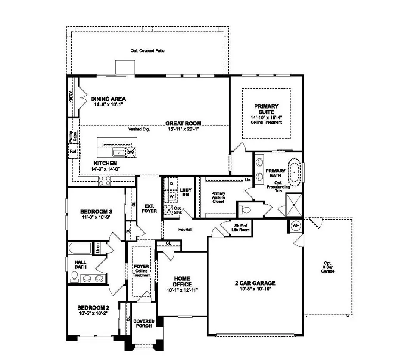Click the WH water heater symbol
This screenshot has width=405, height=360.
[296, 226]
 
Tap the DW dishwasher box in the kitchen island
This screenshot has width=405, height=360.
[131, 152]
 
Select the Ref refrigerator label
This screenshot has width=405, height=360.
[72, 152]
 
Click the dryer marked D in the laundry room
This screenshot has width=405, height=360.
[171, 183]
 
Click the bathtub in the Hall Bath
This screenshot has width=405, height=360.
[79, 249]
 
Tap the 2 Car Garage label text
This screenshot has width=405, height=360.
[255, 283]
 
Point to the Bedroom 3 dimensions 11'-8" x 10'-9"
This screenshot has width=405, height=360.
[96, 218]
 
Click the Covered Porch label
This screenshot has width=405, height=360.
[144, 323]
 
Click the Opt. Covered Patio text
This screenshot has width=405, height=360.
[147, 51]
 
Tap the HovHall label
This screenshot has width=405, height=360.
[185, 230]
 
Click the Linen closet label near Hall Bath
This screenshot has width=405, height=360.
[98, 248]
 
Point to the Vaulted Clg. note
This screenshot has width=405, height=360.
[139, 129]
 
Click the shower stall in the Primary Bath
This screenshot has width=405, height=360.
[295, 205]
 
